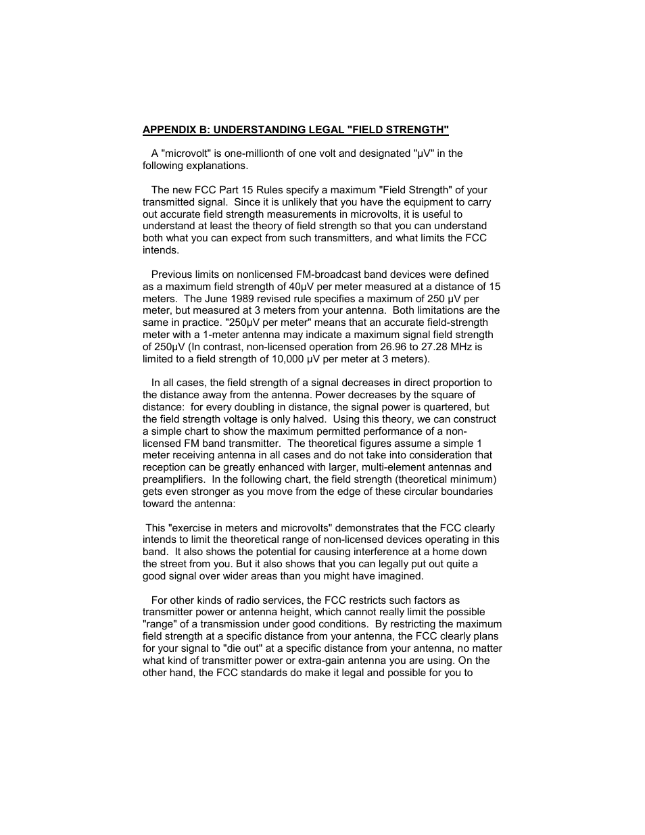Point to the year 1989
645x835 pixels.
[x=242, y=299]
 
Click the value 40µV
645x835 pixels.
[x=303, y=287]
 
